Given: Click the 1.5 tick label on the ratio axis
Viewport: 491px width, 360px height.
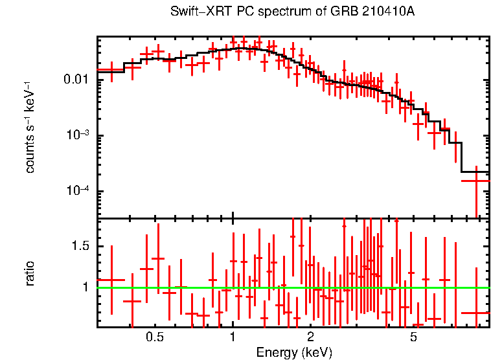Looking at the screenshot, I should [81, 246].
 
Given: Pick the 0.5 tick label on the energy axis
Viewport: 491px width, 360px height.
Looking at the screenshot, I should [154, 338].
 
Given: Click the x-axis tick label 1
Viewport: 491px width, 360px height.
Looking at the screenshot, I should [233, 338].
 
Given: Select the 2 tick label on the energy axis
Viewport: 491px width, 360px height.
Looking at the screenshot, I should [310, 338].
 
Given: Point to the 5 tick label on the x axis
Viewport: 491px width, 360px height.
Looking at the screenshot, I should [413, 338].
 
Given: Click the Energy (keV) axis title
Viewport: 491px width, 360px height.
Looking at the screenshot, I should [294, 352].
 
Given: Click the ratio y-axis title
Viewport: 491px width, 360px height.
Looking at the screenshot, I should [30, 273].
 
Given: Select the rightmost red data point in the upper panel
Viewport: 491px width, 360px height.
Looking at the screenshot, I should [476, 181].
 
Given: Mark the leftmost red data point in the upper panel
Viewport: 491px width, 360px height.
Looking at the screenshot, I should [111, 70].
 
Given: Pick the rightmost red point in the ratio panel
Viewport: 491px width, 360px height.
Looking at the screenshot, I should [476, 313].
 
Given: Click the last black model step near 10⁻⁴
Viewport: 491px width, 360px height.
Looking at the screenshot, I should [475, 172].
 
